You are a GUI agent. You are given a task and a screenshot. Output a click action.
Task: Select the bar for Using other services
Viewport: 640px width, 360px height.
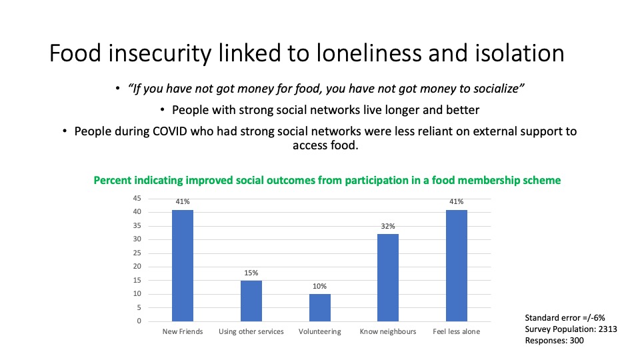pos(251,301)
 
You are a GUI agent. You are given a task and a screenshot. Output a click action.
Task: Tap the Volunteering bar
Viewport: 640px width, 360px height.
pos(320,307)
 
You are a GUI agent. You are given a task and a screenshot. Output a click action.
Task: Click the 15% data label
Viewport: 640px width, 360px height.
pos(251,273)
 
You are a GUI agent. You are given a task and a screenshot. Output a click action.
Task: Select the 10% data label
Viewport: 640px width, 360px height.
pos(320,286)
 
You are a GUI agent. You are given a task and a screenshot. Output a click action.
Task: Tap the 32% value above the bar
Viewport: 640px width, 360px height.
pos(388,226)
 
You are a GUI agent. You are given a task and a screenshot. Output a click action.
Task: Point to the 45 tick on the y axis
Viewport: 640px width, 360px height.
pos(137,198)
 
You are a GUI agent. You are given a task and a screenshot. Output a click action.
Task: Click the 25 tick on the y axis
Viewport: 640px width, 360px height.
pos(137,253)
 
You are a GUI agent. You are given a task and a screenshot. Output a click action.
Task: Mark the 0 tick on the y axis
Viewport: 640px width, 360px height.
pos(139,321)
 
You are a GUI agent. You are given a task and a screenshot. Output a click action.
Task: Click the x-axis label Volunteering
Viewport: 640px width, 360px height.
pos(320,331)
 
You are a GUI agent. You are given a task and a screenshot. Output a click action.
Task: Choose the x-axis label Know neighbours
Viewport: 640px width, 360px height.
pos(388,331)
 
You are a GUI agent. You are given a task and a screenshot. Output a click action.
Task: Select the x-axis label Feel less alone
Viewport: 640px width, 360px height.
pos(457,331)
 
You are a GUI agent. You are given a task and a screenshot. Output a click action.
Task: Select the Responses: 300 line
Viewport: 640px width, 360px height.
pos(555,340)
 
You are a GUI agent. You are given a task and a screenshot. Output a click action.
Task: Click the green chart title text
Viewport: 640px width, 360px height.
pos(327,180)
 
